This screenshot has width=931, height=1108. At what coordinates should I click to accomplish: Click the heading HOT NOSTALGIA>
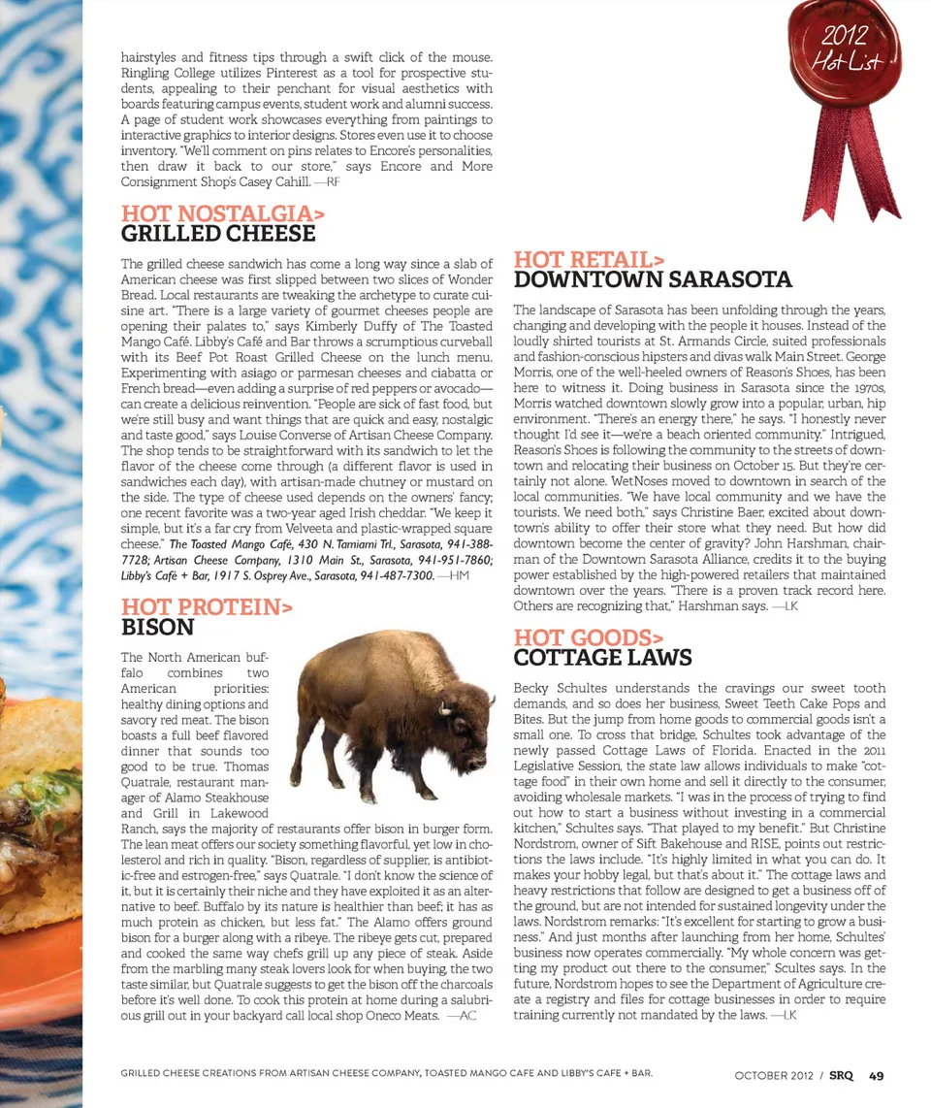coord(222,212)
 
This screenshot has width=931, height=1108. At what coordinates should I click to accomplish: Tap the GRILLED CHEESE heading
coord(218,234)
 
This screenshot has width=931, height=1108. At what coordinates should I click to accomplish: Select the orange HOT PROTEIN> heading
coord(207,607)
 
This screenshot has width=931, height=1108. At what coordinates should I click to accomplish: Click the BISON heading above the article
coord(157,628)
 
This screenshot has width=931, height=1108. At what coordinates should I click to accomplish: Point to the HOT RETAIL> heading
coord(589,259)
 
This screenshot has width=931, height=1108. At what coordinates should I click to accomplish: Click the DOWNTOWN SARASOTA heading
coord(653,280)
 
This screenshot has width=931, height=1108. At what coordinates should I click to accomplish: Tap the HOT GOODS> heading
coord(588,637)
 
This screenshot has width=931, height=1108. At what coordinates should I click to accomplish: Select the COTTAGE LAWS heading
coord(602,658)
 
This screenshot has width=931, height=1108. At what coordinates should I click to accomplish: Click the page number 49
coord(876,1075)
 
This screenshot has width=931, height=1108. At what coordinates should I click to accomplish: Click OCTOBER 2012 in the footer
coord(774,1075)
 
